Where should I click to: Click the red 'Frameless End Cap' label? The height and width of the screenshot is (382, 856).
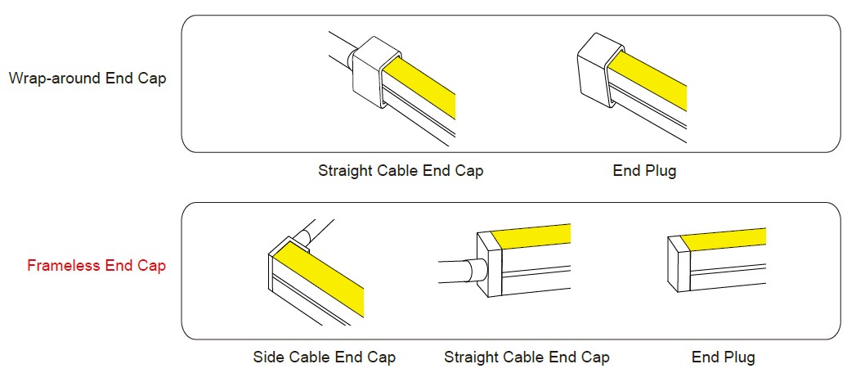96,266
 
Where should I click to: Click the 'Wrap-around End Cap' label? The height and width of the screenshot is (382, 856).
87,79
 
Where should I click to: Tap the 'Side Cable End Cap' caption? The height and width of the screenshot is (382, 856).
325,357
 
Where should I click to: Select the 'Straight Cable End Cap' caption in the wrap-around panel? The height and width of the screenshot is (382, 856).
401,170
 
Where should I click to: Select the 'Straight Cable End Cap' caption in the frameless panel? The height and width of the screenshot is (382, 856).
527,357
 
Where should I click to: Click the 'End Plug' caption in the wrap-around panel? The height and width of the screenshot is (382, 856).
644,170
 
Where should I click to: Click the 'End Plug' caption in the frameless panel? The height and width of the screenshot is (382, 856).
724,357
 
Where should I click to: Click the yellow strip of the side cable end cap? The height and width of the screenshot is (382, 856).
318,279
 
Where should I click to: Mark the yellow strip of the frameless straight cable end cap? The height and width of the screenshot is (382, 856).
531,236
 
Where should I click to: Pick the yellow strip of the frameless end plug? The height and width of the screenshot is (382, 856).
722,239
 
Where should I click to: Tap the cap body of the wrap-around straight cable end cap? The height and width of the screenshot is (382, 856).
371,72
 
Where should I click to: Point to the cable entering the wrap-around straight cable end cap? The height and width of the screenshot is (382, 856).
341,48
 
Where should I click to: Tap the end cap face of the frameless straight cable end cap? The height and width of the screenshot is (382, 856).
489,264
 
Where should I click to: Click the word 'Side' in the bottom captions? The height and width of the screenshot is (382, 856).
270,357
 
